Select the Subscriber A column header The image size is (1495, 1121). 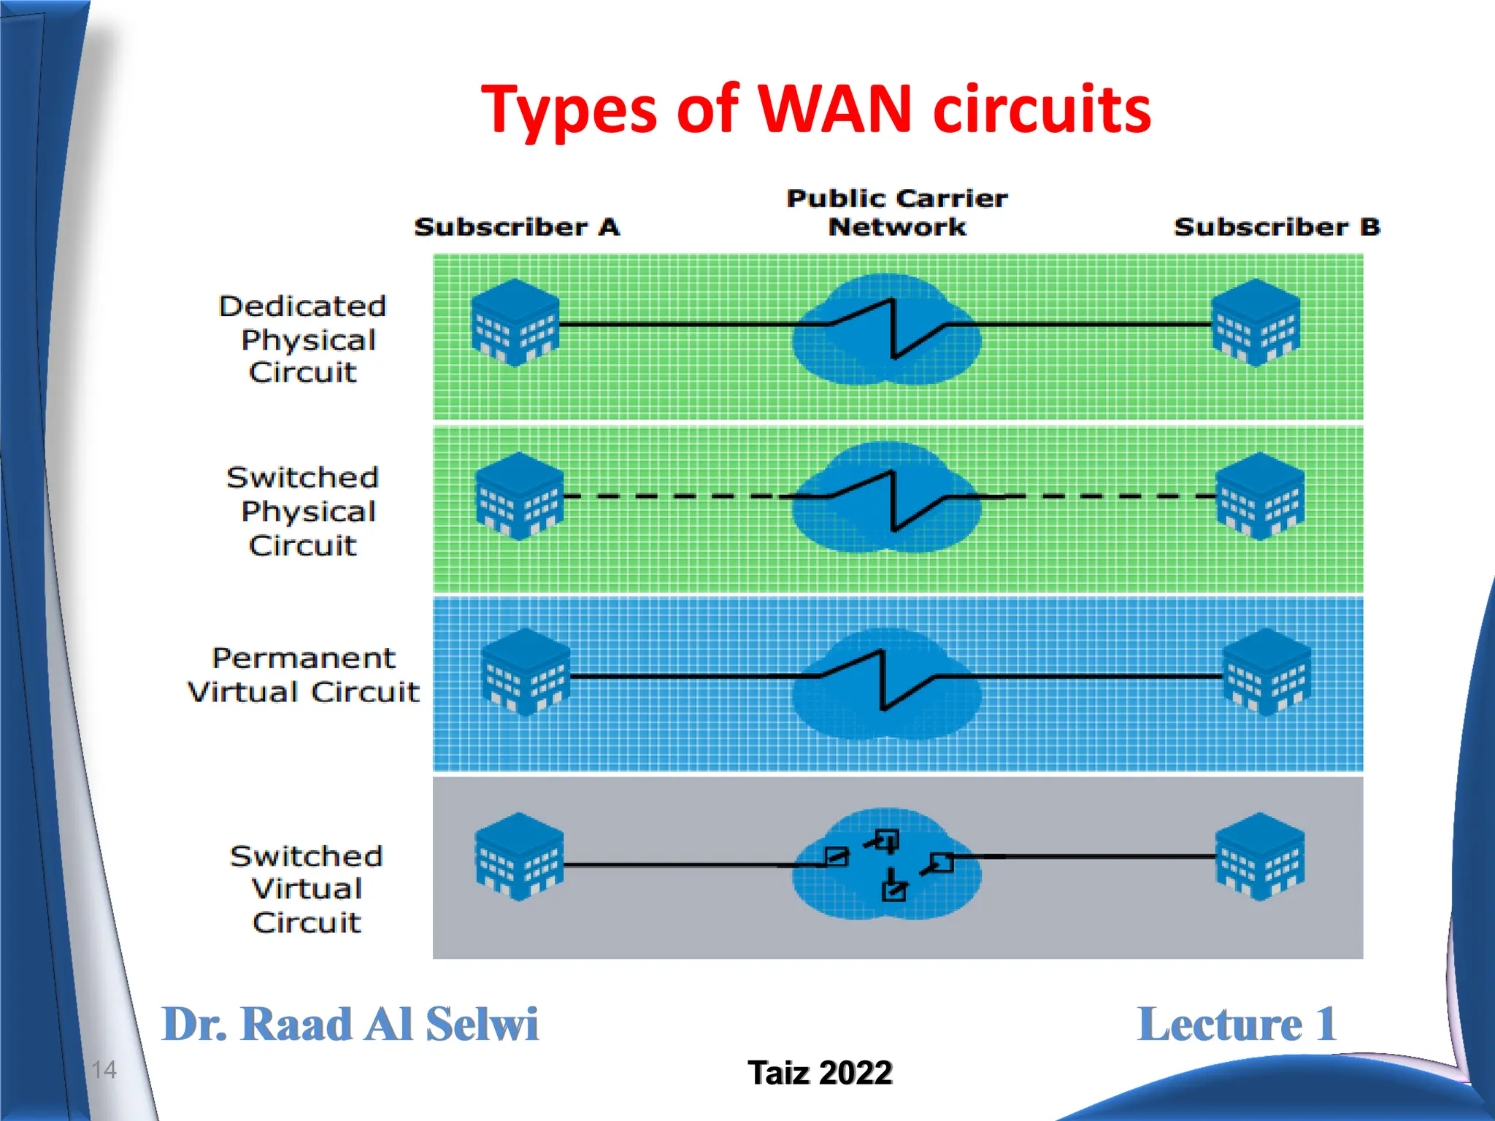[517, 227]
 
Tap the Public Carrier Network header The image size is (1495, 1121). [896, 212]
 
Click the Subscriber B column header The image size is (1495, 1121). [1277, 227]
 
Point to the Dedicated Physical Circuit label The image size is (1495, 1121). [302, 339]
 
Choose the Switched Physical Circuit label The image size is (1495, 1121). [302, 511]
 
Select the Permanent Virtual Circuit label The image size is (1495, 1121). [304, 675]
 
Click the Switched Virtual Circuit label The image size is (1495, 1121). [306, 889]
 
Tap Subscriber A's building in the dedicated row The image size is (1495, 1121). [515, 323]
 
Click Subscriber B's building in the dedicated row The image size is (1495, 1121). [1256, 323]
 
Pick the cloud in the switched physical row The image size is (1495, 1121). [886, 498]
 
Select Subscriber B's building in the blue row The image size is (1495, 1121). [1266, 671]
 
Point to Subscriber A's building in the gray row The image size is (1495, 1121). [519, 857]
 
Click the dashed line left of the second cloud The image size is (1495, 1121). [672, 496]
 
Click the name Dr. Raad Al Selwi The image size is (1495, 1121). [350, 1024]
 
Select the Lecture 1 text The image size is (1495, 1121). [1237, 1024]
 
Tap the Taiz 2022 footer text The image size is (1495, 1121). [820, 1073]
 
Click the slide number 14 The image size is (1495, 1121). [104, 1070]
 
